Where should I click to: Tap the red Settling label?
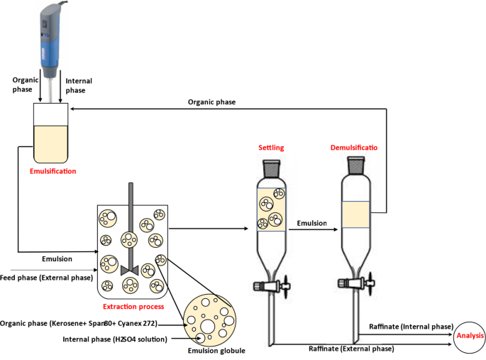tap(271, 148)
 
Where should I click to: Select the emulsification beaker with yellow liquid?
tap(50, 133)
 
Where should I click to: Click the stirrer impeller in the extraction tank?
tap(130, 269)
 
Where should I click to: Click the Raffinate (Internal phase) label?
tap(411, 327)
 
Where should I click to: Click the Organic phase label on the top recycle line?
tap(211, 102)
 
